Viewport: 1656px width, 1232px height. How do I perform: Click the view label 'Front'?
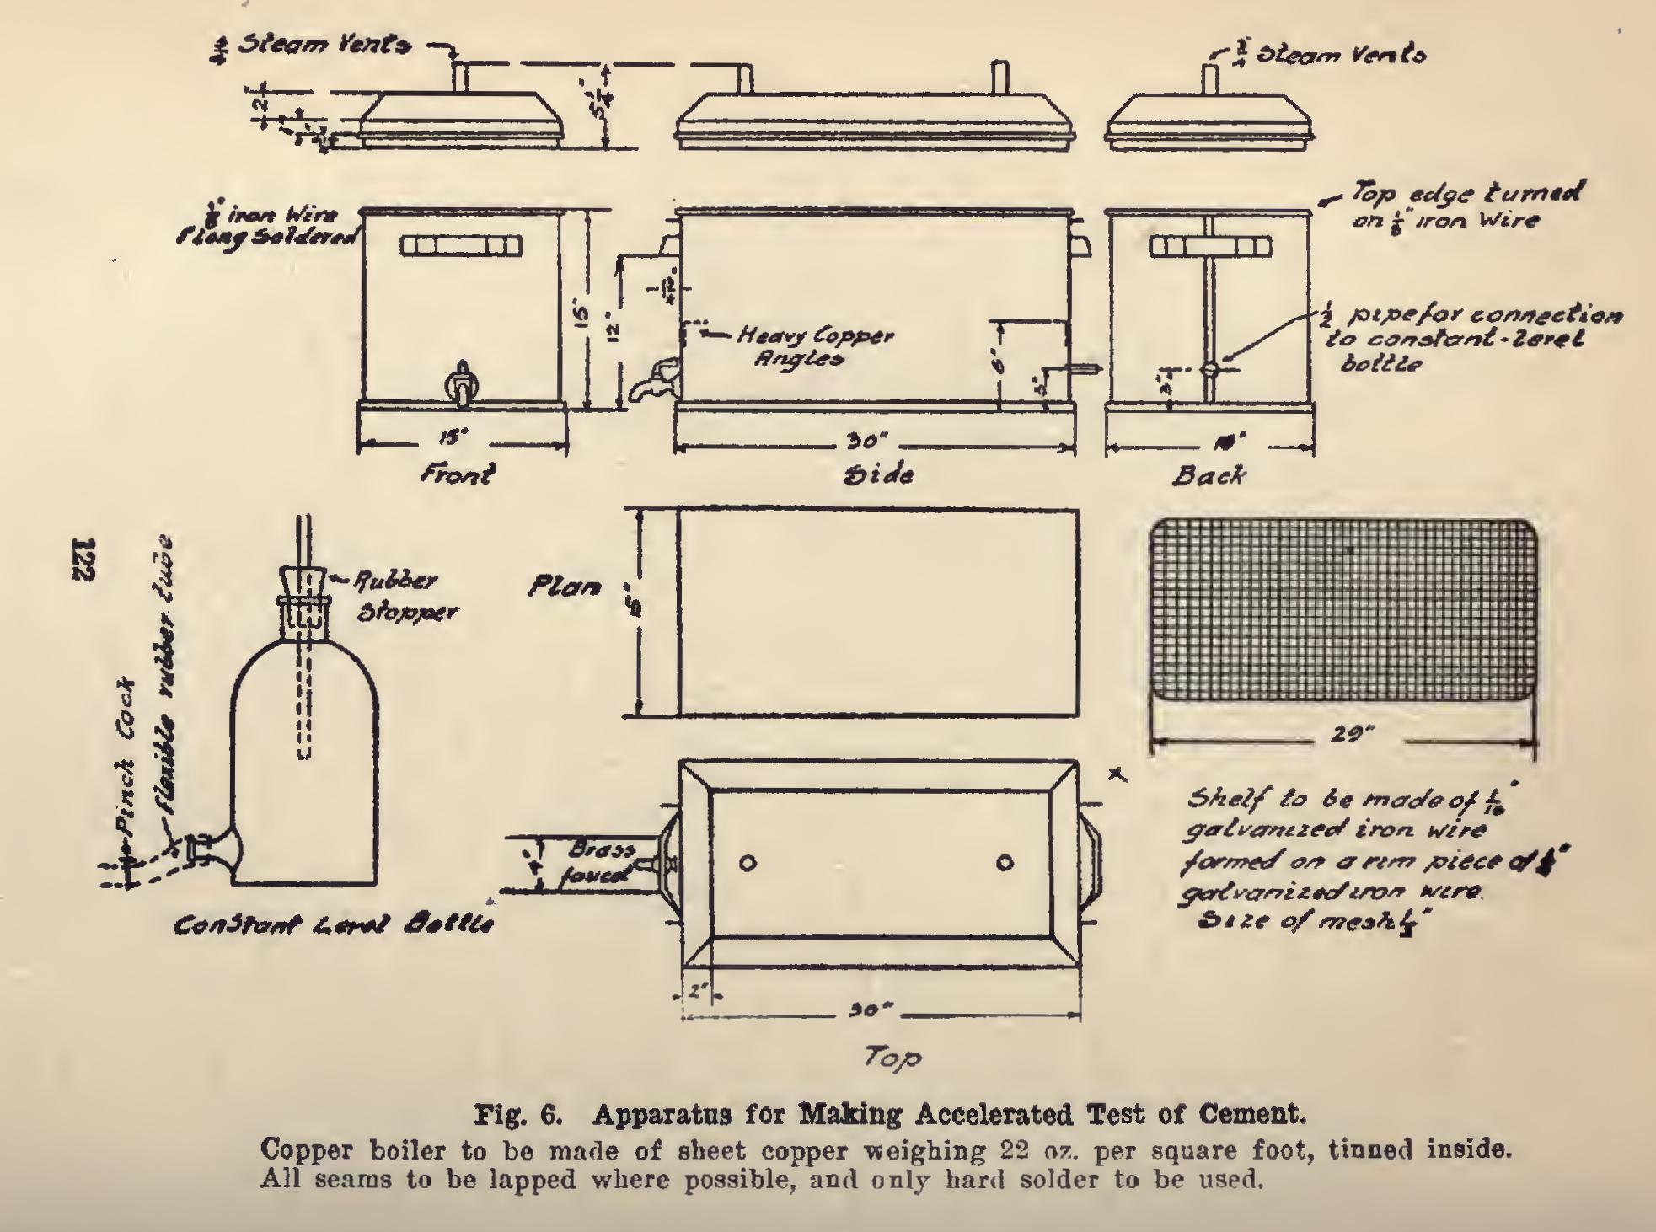pos(458,474)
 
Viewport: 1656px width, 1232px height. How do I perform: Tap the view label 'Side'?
pos(876,474)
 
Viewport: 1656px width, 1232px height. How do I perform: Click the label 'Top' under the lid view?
pos(890,1058)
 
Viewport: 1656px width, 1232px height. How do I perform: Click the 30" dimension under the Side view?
pos(868,442)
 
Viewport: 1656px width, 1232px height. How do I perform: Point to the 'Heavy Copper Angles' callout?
pos(812,346)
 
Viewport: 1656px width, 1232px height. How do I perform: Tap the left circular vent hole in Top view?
pos(747,863)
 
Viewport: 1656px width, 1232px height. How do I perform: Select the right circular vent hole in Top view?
pos(1005,863)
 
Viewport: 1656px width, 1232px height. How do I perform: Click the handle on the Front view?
pos(461,246)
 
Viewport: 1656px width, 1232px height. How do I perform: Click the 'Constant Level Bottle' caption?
pos(333,925)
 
